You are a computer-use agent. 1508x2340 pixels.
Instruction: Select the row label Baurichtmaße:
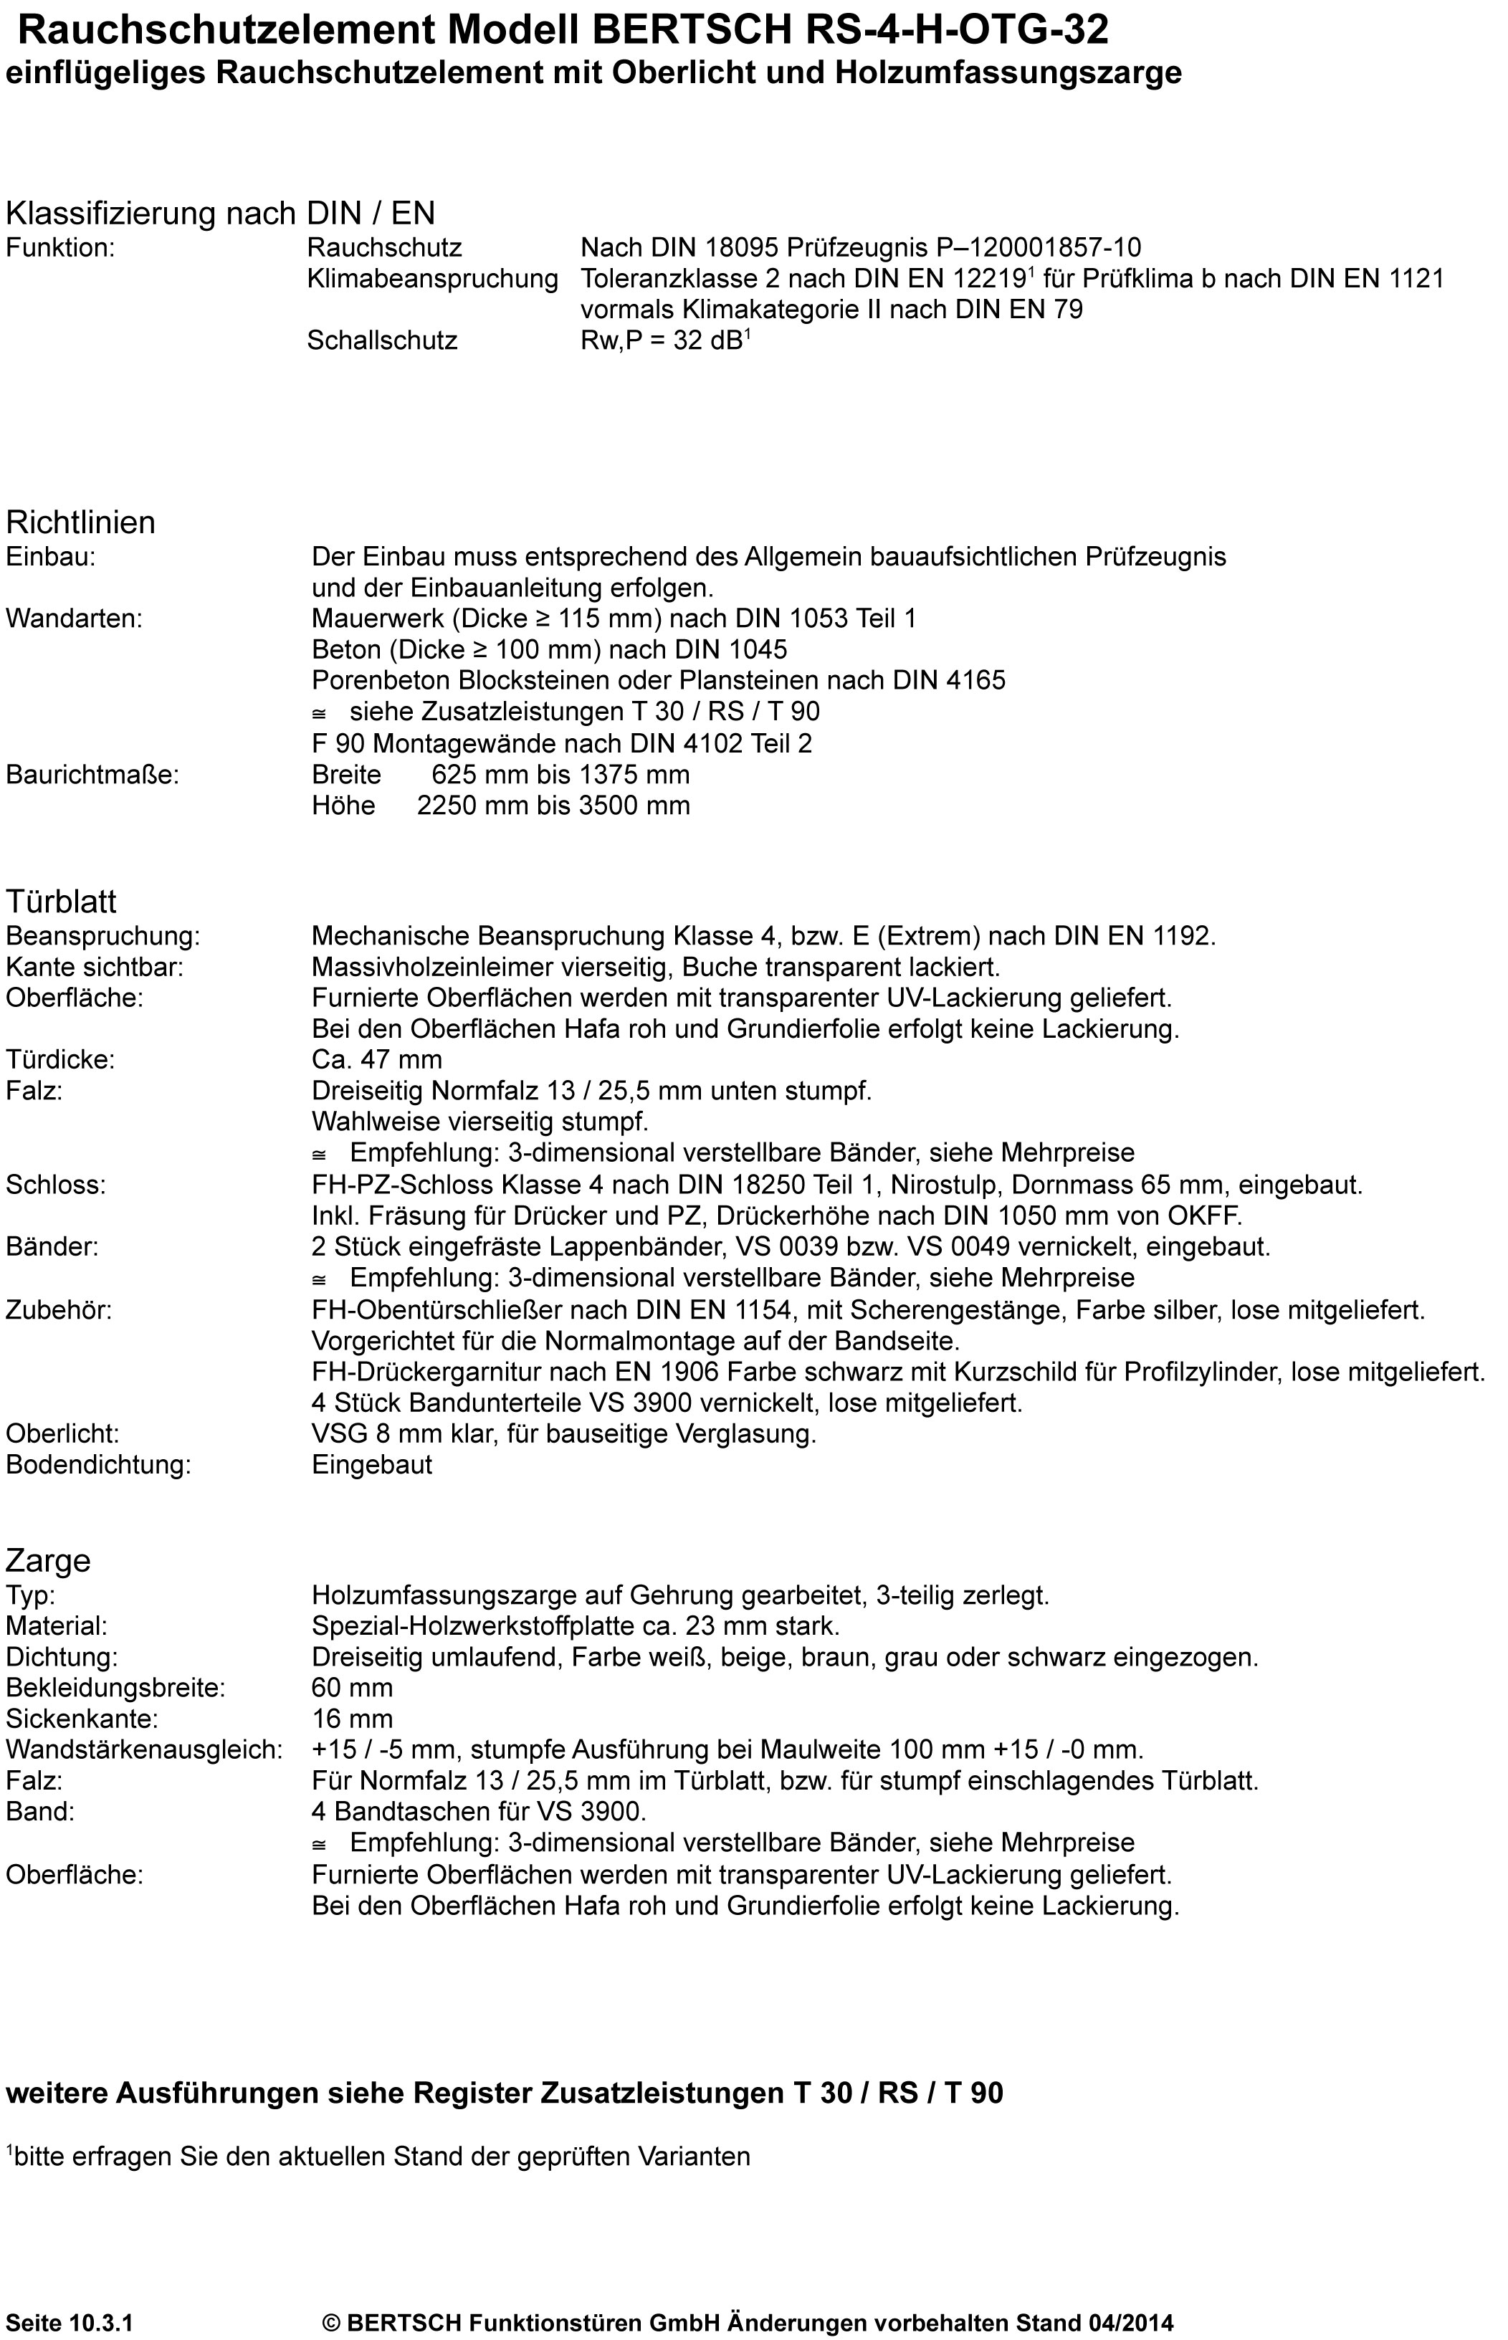click(x=92, y=775)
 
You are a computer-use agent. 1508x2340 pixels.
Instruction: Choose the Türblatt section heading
click(x=61, y=901)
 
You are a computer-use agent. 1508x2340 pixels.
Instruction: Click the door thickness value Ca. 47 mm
click(x=377, y=1059)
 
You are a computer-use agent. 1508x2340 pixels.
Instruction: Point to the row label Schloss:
click(x=56, y=1185)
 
